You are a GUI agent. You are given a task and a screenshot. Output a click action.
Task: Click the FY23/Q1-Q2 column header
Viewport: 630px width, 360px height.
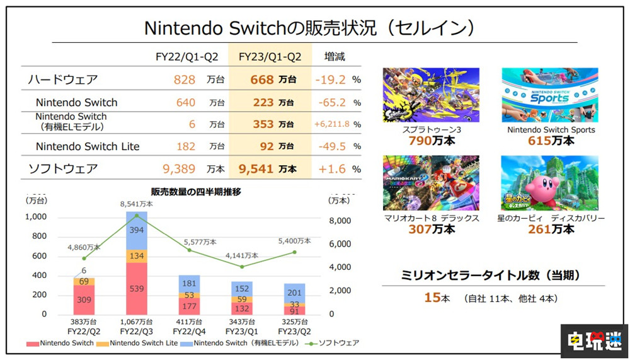coord(270,57)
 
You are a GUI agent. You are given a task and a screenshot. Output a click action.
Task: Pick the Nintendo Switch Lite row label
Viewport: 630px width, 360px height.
coord(88,146)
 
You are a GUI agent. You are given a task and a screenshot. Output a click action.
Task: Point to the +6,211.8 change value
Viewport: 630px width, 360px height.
coord(331,124)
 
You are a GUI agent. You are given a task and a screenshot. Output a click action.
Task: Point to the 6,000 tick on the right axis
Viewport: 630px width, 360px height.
coord(341,244)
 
